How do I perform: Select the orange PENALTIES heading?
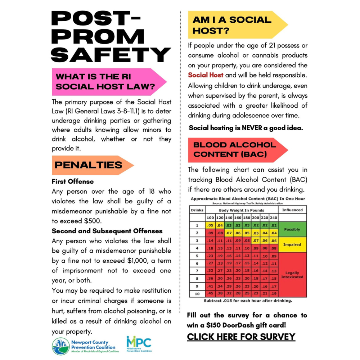(x=89, y=165)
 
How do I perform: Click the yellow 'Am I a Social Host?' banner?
(x=232, y=25)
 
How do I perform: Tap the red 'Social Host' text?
(x=206, y=75)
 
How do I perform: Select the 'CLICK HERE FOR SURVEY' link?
(x=241, y=337)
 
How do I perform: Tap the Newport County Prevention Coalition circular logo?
(x=60, y=346)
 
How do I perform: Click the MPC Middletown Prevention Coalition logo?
(x=139, y=344)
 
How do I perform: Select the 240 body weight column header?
(x=274, y=218)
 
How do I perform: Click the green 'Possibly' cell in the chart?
(x=292, y=229)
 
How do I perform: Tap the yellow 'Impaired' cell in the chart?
(x=292, y=244)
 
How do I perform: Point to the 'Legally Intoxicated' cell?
(x=292, y=275)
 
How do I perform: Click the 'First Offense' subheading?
(x=73, y=181)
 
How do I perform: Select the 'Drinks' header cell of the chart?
(x=197, y=210)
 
